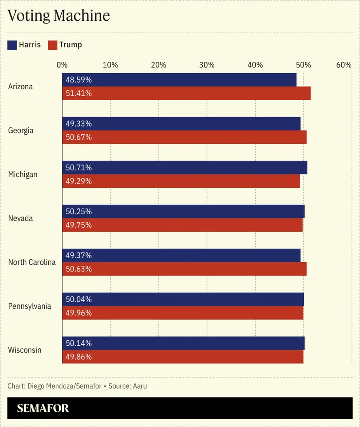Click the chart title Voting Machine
pyautogui.click(x=59, y=16)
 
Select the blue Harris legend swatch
pyautogui.click(x=12, y=45)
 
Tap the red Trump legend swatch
pyautogui.click(x=53, y=45)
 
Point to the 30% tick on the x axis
pyautogui.click(x=207, y=65)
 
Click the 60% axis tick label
pyautogui.click(x=343, y=65)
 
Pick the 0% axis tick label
pyautogui.click(x=62, y=65)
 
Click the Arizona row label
pyautogui.click(x=20, y=87)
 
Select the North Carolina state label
pyautogui.click(x=32, y=262)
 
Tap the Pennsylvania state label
pyautogui.click(x=30, y=306)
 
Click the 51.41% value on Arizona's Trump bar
pyautogui.click(x=79, y=93)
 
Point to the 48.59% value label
pyautogui.click(x=79, y=80)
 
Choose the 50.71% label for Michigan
pyautogui.click(x=79, y=168)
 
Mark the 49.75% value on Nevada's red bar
pyautogui.click(x=79, y=225)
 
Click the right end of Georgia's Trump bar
pyautogui.click(x=306, y=137)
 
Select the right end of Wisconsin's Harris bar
pyautogui.click(x=304, y=344)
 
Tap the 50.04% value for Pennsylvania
pyautogui.click(x=79, y=300)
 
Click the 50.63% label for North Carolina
pyautogui.click(x=79, y=269)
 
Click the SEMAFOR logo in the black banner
pyautogui.click(x=43, y=408)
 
